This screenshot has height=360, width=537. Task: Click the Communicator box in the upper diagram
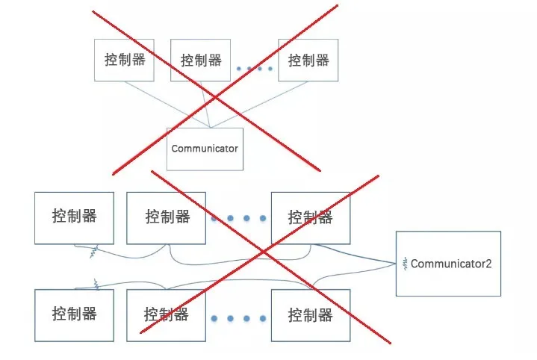204,148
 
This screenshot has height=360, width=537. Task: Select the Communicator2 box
448,264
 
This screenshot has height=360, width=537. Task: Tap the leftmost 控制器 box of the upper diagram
124,60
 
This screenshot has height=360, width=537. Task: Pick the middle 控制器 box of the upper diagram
201,60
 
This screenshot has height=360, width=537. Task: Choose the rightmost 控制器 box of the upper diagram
308,60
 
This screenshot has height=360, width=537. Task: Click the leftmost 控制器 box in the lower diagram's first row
74,217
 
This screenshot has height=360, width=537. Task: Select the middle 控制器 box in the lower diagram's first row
167,217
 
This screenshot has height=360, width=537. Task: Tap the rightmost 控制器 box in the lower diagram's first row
310,217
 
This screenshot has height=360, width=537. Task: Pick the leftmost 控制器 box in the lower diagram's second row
74,314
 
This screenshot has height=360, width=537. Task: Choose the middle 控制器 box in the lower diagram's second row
167,314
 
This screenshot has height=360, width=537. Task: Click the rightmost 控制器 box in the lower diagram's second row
310,314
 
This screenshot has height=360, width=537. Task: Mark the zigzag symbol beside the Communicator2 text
405,263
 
